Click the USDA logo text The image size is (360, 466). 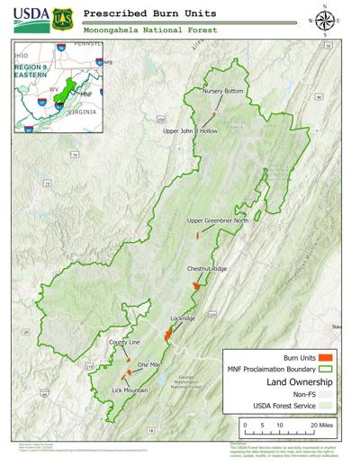click(30, 16)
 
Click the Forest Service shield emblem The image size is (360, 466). click(62, 17)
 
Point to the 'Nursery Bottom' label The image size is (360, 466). click(223, 92)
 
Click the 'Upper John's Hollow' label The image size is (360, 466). click(190, 131)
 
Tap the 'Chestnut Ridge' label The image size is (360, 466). click(207, 269)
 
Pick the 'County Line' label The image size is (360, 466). click(125, 343)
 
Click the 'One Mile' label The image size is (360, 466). click(148, 364)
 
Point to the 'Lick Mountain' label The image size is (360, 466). click(130, 390)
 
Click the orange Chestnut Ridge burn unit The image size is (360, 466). click(196, 286)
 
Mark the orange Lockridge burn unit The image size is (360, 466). click(167, 334)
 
